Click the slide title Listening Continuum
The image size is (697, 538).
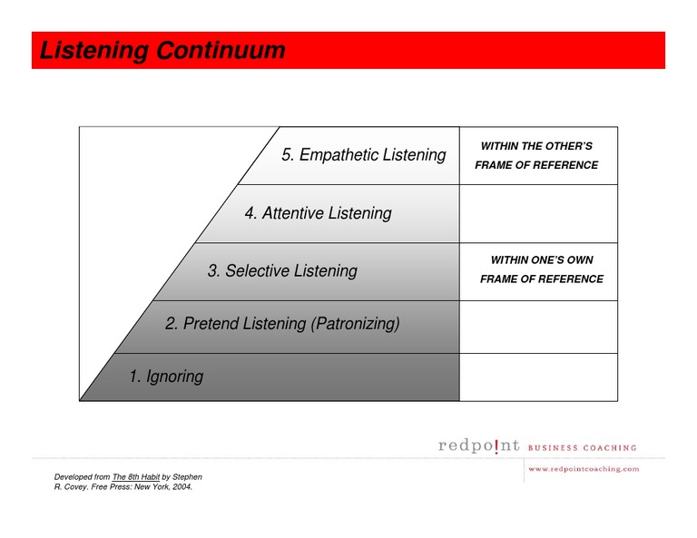coord(162,51)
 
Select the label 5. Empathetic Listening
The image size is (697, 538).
coord(363,155)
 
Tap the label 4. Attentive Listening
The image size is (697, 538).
coord(318,213)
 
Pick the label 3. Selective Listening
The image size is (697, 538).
coord(282,270)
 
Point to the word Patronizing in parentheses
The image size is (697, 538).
coord(355,323)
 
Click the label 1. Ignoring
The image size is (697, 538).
coord(166,376)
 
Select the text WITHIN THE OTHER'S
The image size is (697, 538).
coord(536,146)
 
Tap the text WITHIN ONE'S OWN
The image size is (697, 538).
coord(542,260)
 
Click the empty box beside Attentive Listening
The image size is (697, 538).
coord(538,213)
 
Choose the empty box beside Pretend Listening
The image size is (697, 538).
coord(538,327)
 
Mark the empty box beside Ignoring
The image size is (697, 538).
coord(538,377)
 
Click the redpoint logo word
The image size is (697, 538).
coord(479,445)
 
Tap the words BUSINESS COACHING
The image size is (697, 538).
coord(582,447)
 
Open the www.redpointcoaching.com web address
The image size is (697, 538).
coord(584,469)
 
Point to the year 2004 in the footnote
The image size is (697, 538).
coord(181,486)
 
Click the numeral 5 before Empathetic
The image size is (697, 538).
coord(287,155)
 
